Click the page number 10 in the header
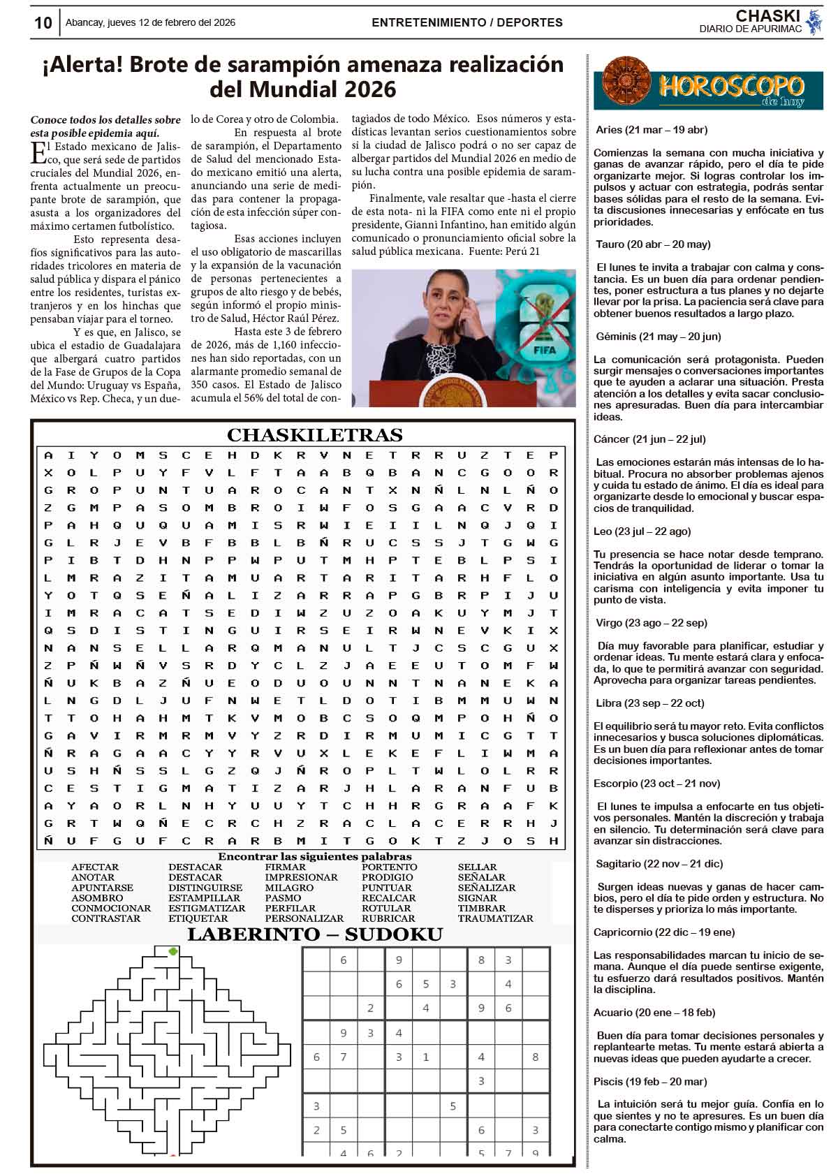coord(43,22)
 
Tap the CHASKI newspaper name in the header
coord(766,16)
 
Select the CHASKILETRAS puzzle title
coord(314,435)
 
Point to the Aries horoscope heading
coord(651,130)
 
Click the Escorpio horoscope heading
coord(656,784)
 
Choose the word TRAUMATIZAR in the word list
coord(495,918)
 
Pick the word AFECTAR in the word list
coord(95,867)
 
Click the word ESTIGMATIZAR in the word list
coord(206,908)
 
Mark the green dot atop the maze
coord(173,951)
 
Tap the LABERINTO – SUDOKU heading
coord(314,934)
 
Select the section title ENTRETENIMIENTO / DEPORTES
coord(466,22)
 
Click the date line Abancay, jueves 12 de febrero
coord(150,22)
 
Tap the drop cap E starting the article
coord(38,152)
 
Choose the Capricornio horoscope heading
coord(663,932)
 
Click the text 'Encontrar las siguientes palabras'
coord(314,856)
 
